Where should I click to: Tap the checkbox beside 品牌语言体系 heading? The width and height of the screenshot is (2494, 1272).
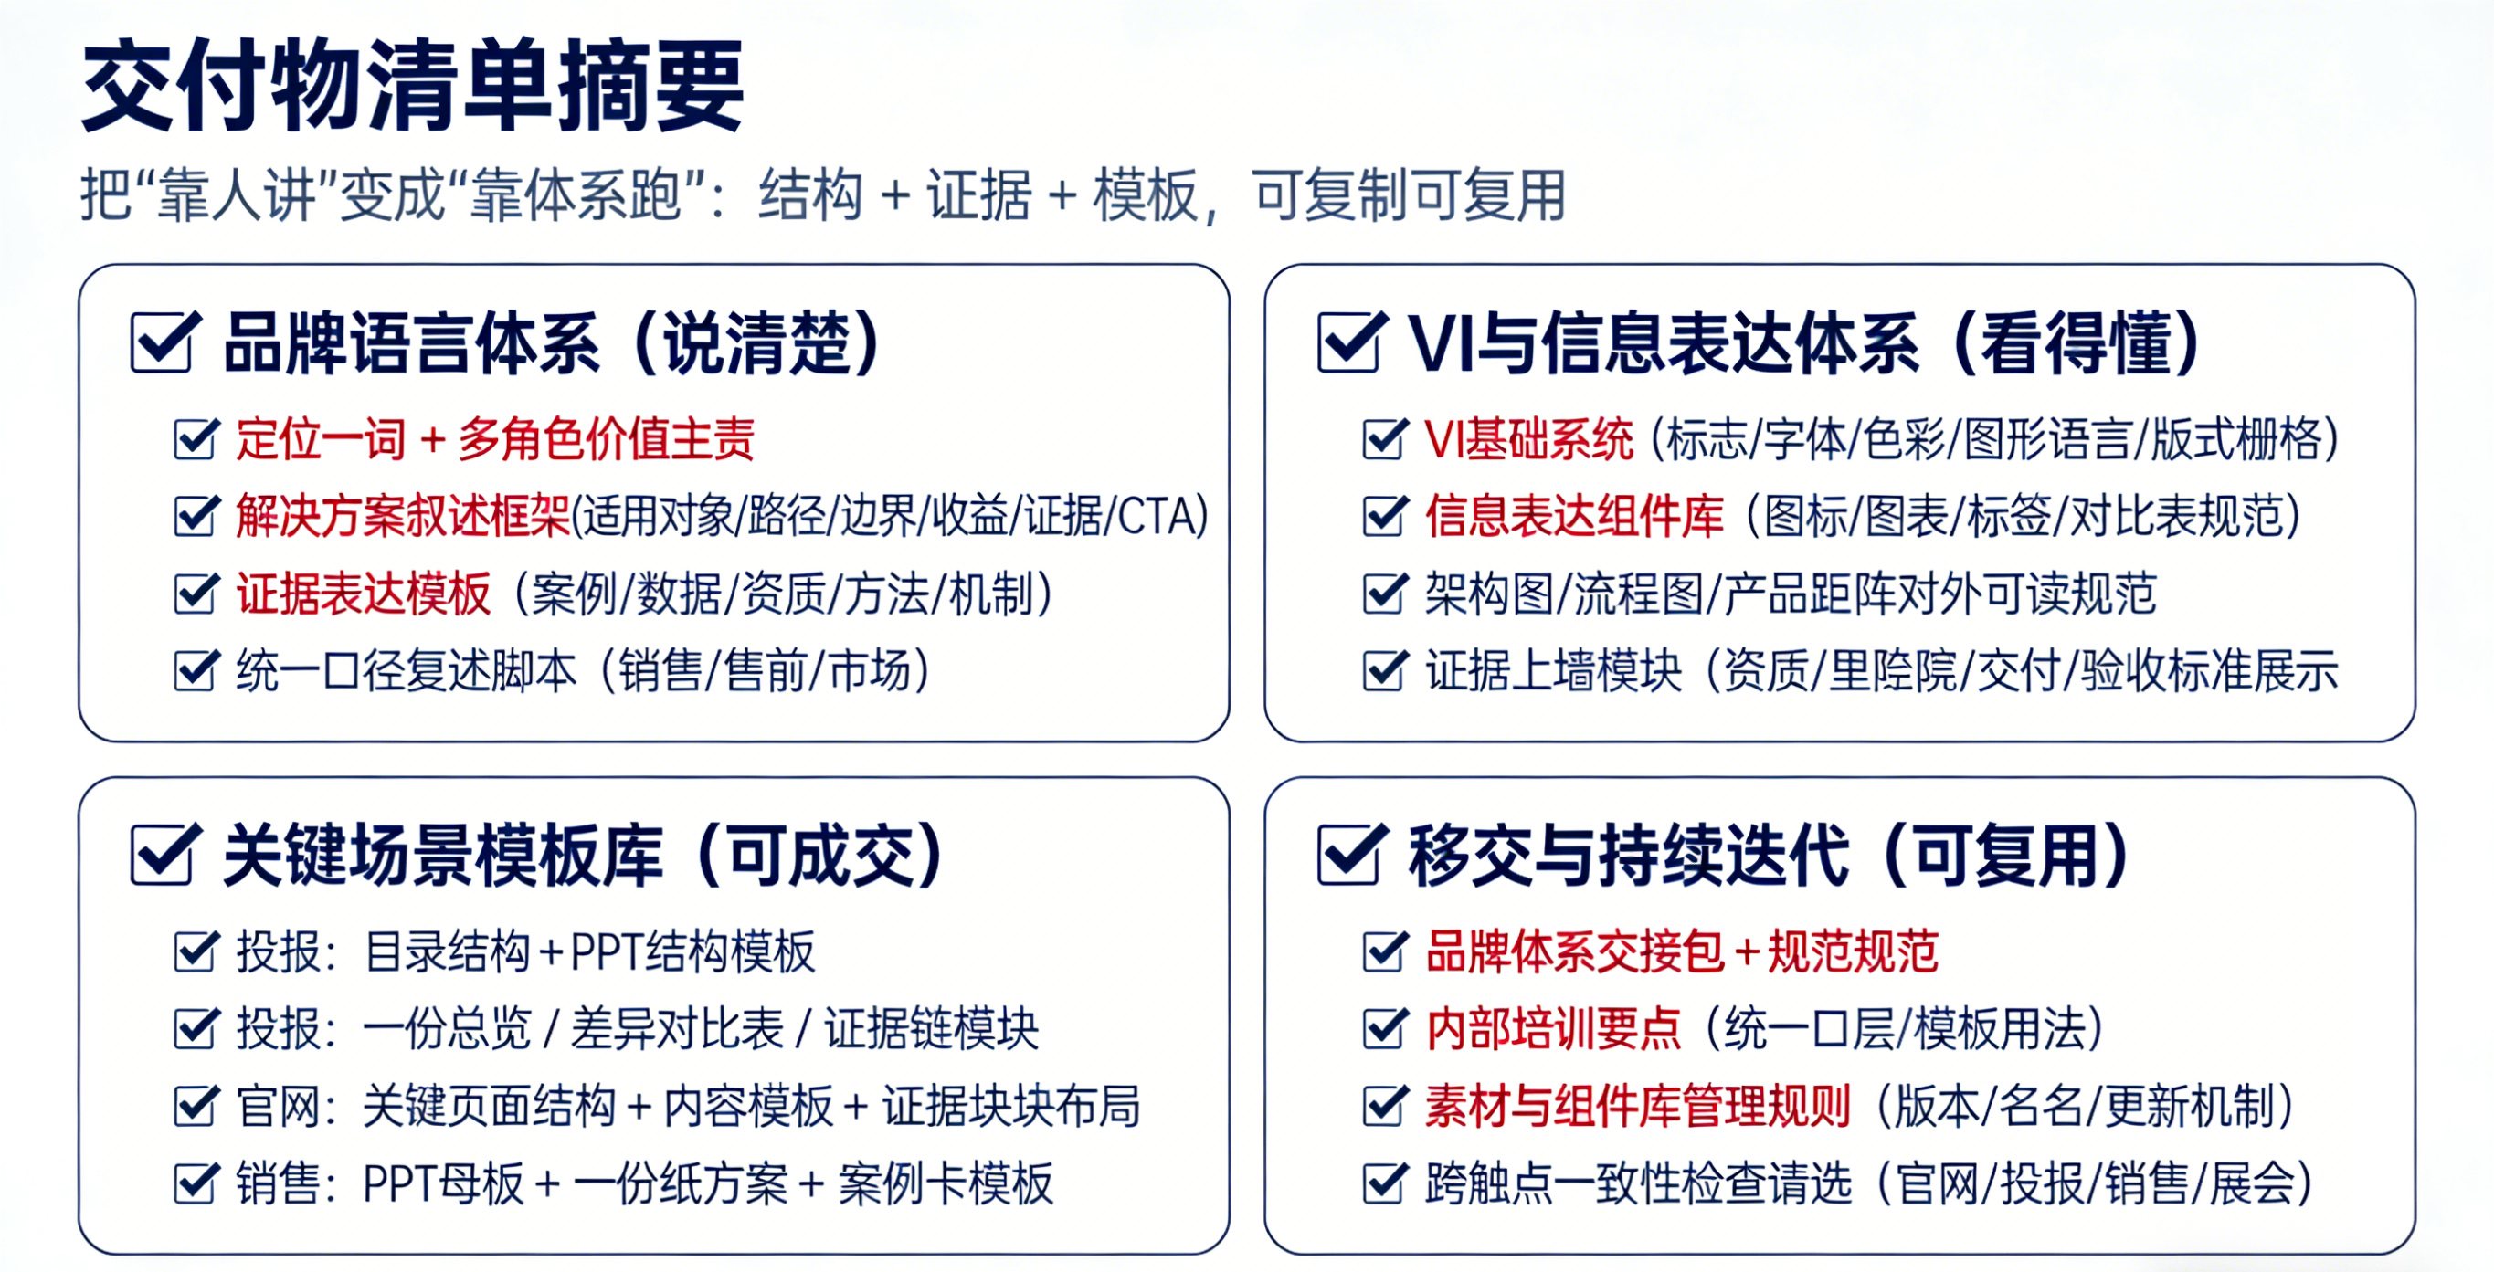[x=164, y=342]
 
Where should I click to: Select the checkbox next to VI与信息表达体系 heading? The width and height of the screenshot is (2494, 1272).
[x=1350, y=342]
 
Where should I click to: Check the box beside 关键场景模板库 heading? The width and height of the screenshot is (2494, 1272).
[x=164, y=854]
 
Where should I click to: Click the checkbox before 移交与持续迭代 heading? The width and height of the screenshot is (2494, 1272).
[x=1350, y=854]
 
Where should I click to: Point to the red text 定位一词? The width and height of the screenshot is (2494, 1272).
[x=322, y=438]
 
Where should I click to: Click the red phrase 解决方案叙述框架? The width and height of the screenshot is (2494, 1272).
[x=404, y=516]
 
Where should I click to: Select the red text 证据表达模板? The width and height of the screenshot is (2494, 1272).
[x=364, y=594]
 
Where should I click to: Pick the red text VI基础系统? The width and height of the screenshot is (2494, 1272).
[x=1528, y=438]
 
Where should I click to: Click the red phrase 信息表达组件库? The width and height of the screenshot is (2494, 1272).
[x=1574, y=516]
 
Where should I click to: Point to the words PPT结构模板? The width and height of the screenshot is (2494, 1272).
[x=692, y=951]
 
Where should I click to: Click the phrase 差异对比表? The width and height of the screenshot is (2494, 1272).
[x=677, y=1029]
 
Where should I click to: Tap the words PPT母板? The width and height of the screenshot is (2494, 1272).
[x=442, y=1184]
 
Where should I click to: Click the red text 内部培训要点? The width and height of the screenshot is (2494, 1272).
[x=1553, y=1029]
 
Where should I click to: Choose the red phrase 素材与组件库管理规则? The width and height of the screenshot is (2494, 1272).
[x=1638, y=1107]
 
